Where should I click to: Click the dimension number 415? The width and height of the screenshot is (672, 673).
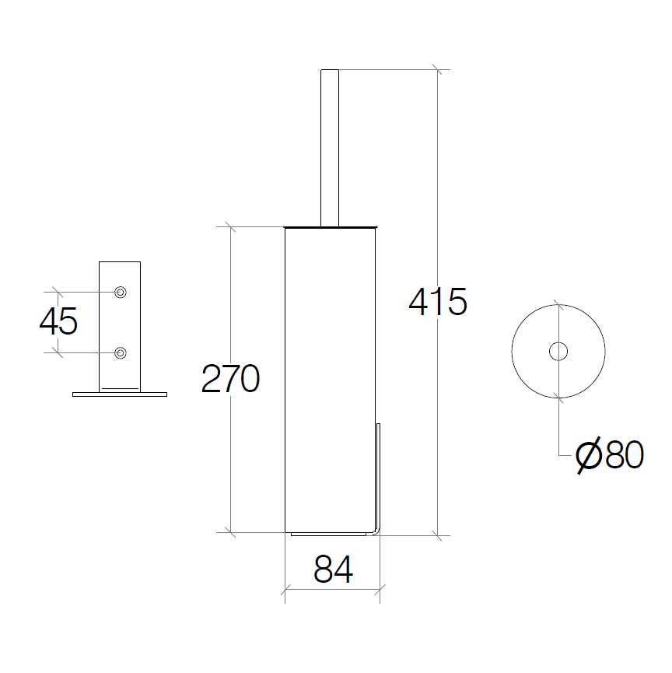click(x=438, y=302)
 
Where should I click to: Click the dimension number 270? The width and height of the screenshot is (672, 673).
click(x=230, y=379)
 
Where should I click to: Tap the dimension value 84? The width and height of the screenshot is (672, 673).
click(x=334, y=569)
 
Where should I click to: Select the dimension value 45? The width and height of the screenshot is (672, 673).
click(x=58, y=321)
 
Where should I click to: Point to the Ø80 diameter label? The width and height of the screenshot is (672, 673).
click(x=609, y=455)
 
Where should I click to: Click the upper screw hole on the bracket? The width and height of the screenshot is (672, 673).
click(x=121, y=293)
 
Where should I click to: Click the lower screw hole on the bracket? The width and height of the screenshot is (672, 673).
click(x=121, y=353)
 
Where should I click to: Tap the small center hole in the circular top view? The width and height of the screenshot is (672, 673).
click(x=558, y=352)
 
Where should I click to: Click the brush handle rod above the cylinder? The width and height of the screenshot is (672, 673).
click(x=330, y=148)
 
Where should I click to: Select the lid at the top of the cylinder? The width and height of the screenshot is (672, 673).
click(x=331, y=226)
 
